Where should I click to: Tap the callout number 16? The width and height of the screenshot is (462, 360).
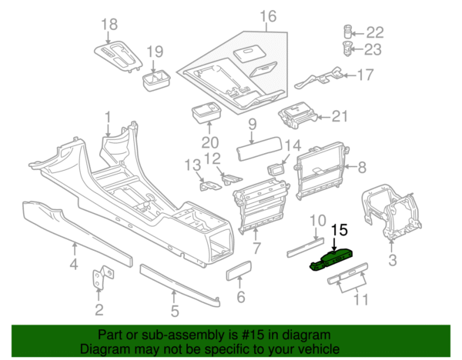267,17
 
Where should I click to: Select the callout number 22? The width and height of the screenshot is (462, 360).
374,32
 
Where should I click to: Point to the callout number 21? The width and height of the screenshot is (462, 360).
340,117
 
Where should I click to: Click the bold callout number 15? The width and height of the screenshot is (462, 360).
340,229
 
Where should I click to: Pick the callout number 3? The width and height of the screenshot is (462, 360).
393,261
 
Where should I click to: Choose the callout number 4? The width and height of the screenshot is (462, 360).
74,266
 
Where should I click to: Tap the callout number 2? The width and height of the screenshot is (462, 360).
99,310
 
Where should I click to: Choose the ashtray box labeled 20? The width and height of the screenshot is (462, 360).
206,113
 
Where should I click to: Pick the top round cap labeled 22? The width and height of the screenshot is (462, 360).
347,32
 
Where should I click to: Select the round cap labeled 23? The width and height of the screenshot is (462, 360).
347,49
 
